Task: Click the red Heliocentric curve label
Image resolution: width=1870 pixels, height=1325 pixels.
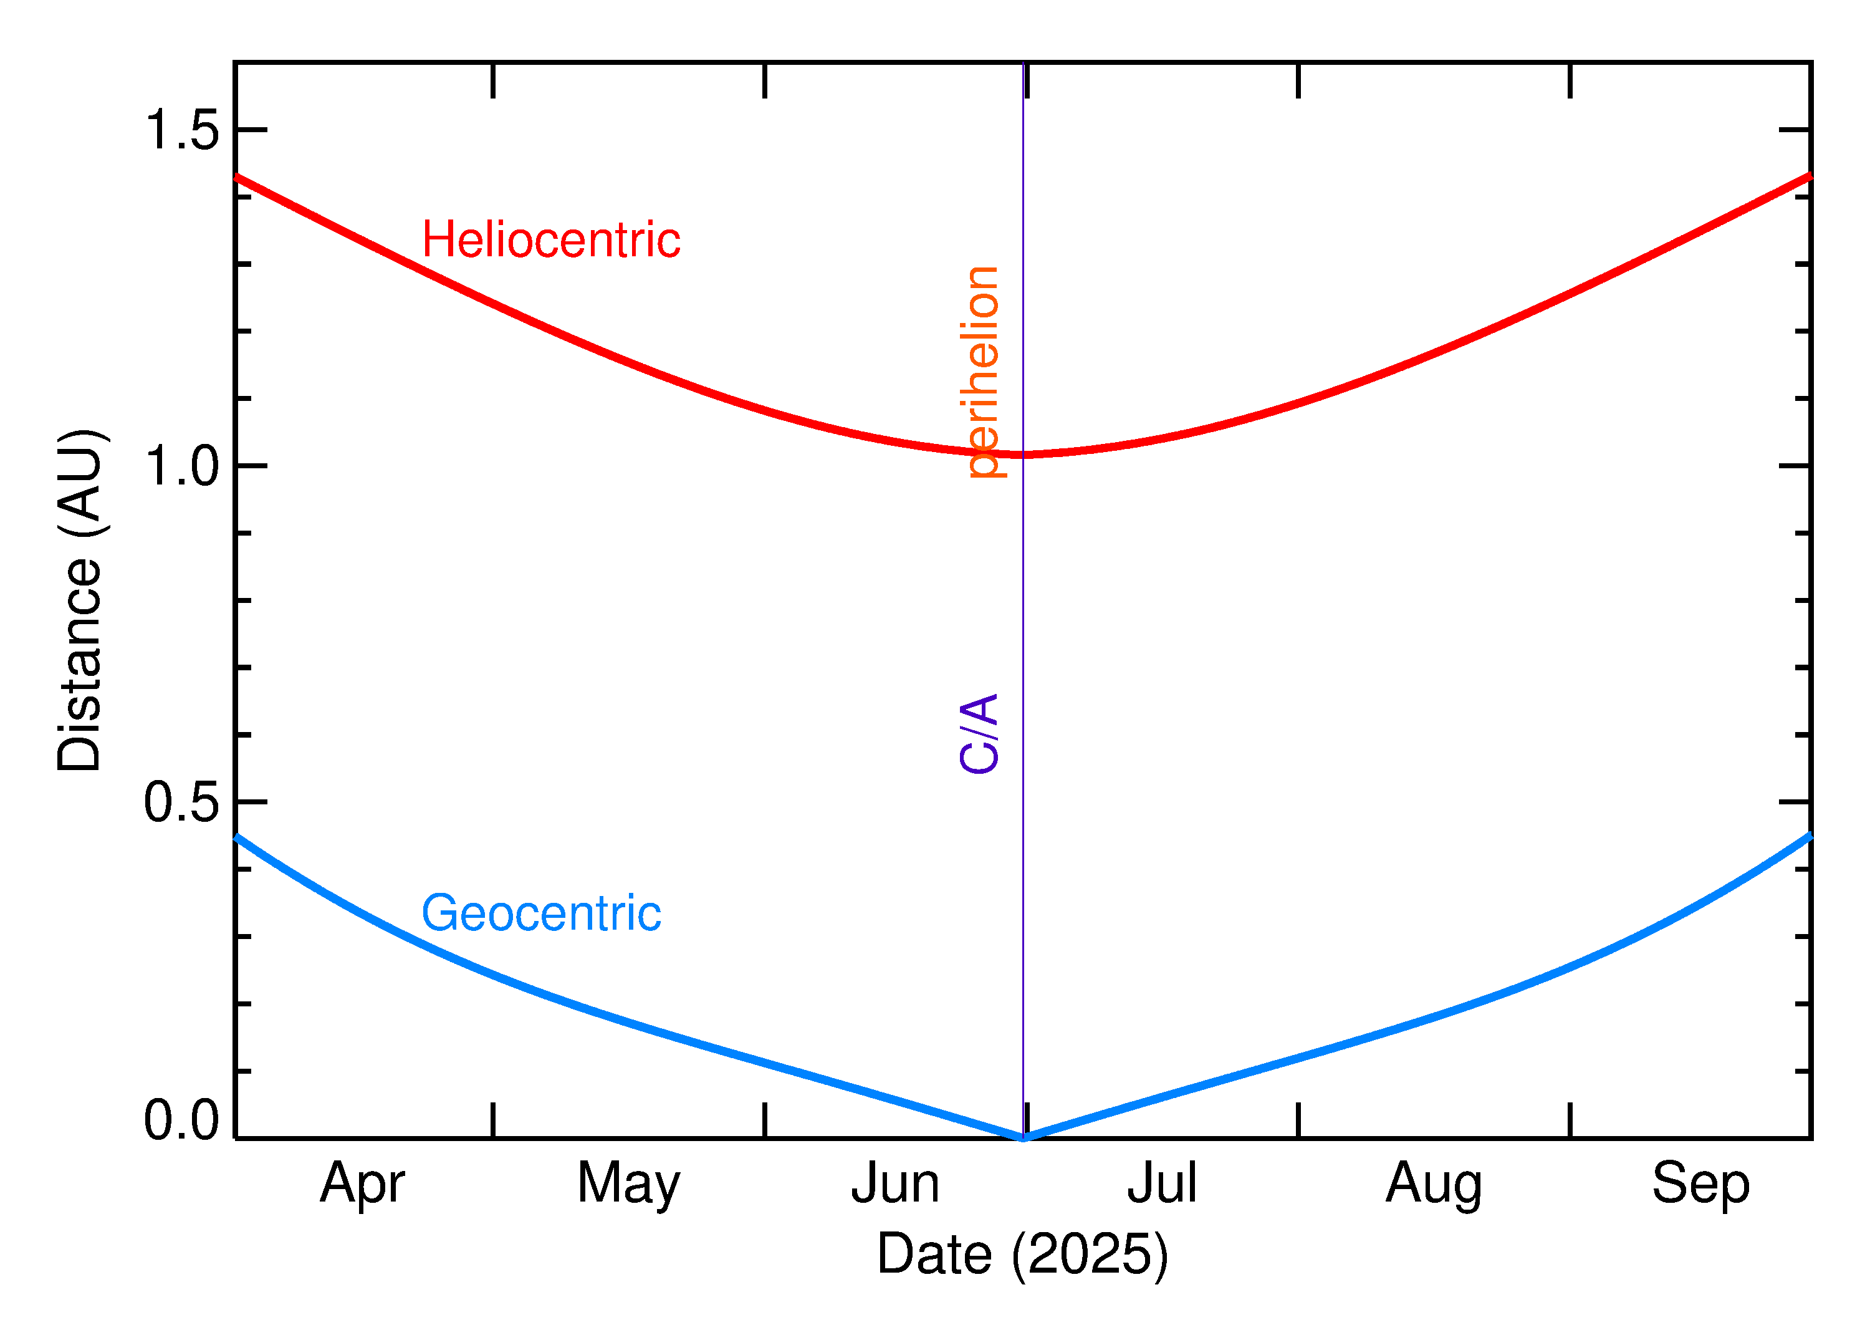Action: click(x=550, y=241)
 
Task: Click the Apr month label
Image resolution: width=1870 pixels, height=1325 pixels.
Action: click(x=362, y=1185)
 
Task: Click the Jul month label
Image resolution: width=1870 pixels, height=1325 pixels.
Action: click(x=1161, y=1185)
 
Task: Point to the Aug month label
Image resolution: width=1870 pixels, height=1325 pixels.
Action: click(x=1433, y=1185)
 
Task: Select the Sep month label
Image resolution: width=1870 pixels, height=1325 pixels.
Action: click(x=1700, y=1185)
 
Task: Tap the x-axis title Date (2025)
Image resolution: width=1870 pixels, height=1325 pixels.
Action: click(x=1022, y=1254)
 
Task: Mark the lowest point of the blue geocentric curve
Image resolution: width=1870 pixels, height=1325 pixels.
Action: click(x=1024, y=1137)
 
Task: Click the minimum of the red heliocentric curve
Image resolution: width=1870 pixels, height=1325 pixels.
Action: click(x=1024, y=455)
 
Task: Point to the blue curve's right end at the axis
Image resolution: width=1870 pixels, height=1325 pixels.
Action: click(x=1809, y=836)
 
